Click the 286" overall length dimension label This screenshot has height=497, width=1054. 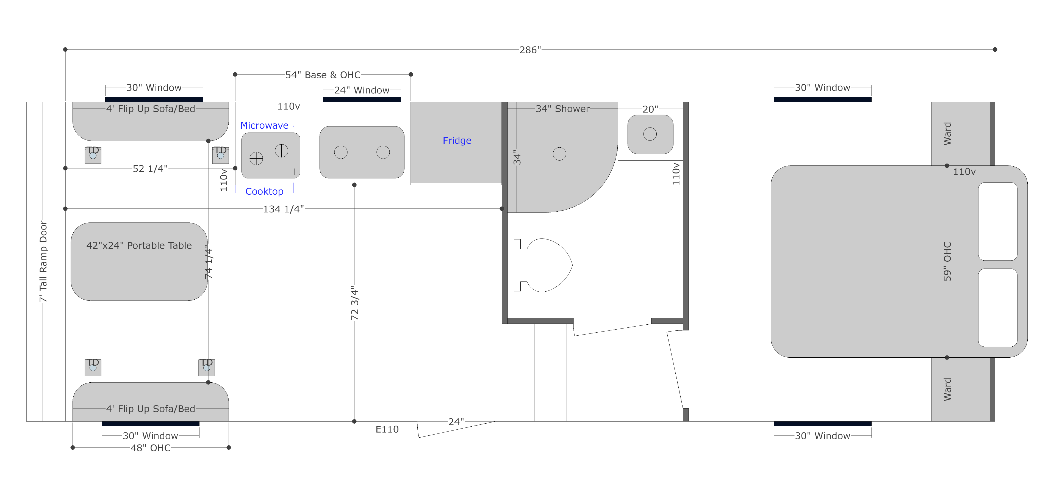(530, 50)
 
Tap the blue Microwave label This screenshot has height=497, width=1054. (264, 125)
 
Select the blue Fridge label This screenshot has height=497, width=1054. (457, 140)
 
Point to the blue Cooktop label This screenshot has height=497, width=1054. (264, 191)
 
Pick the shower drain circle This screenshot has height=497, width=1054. (559, 154)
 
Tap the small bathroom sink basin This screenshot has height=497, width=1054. (650, 134)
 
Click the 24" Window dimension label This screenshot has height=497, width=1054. (362, 90)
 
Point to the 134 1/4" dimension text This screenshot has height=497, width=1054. (284, 209)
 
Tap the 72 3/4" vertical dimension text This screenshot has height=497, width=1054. (355, 303)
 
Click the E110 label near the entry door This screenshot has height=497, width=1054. (387, 429)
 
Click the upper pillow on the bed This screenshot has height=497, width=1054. (997, 222)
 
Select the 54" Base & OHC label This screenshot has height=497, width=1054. (323, 75)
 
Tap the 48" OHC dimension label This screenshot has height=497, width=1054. (151, 448)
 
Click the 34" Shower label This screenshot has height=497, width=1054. (563, 109)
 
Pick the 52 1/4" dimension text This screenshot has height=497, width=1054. (150, 169)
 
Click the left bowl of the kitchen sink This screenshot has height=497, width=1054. (341, 152)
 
